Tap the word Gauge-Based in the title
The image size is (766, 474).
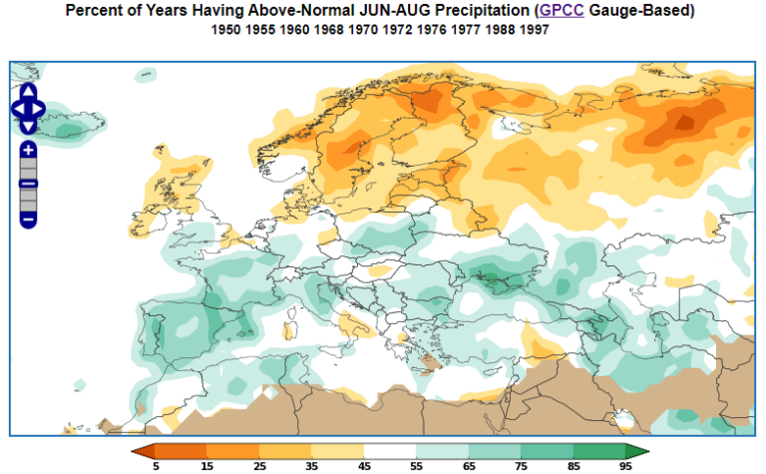[644, 11]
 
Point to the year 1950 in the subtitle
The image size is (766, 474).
[226, 30]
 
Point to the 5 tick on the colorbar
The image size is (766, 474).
[157, 466]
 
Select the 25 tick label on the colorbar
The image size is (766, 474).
[259, 466]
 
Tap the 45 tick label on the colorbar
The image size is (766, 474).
[363, 466]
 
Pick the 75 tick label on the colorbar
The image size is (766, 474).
[519, 466]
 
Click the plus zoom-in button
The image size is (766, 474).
[28, 149]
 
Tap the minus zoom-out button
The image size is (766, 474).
[28, 219]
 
